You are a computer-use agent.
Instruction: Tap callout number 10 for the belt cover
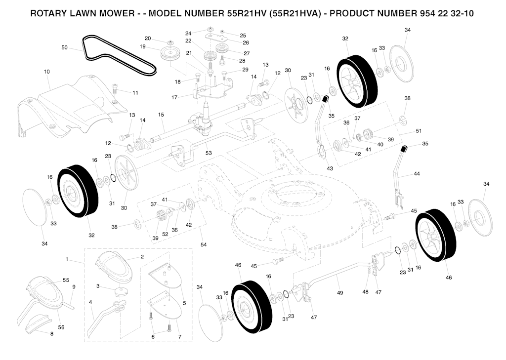tap(47, 72)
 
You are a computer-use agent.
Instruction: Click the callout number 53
tap(209, 153)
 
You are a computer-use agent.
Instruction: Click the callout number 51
tap(419, 131)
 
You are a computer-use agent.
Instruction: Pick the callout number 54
tap(203, 245)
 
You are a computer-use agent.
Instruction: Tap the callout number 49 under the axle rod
tap(339, 293)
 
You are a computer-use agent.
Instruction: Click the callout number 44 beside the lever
tap(417, 173)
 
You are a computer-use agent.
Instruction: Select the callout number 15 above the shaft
tap(161, 115)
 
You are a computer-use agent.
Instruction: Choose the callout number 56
tap(61, 327)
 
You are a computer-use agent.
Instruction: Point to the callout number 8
tap(51, 334)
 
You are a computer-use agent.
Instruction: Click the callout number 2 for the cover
tap(142, 257)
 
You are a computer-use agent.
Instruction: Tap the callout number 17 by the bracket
tap(174, 97)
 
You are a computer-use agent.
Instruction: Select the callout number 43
tap(330, 168)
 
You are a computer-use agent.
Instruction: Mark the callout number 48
tap(365, 292)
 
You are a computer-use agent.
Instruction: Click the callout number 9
tap(74, 286)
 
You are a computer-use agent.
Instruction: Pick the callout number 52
tap(165, 235)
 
